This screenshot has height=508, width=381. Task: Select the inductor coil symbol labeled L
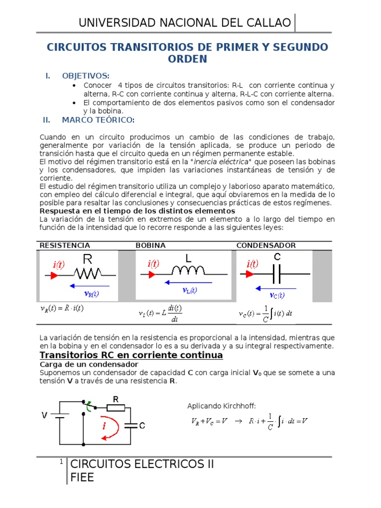click(x=188, y=270)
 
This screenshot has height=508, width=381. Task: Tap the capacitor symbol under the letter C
click(x=277, y=273)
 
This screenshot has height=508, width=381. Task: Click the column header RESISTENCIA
click(x=64, y=246)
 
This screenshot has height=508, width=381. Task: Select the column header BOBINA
click(x=151, y=246)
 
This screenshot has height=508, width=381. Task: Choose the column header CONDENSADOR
click(x=266, y=246)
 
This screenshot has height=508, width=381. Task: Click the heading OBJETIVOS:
click(x=85, y=76)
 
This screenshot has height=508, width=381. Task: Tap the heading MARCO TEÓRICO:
click(x=98, y=120)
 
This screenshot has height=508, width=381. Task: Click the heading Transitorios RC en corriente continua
click(x=131, y=356)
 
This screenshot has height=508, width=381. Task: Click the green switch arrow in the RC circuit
click(x=90, y=406)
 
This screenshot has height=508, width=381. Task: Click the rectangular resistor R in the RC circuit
click(x=116, y=408)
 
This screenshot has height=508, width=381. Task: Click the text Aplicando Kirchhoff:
click(x=221, y=406)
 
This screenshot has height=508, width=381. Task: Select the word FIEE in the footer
click(x=82, y=477)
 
